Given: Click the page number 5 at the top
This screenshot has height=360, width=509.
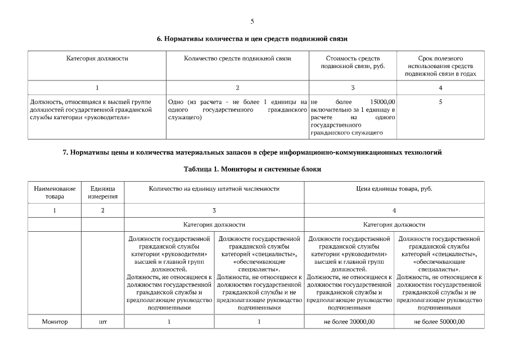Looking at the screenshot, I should pyautogui.click(x=252, y=21).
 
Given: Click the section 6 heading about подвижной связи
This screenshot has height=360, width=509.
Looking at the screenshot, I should pyautogui.click(x=252, y=39).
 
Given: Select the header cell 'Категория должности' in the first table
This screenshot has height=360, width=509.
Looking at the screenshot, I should pyautogui.click(x=97, y=58).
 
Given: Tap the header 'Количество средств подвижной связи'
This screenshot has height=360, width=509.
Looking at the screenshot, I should pyautogui.click(x=237, y=58).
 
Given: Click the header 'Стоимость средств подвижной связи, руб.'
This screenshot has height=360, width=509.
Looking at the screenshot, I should pyautogui.click(x=353, y=62).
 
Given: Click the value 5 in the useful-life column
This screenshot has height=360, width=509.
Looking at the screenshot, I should pyautogui.click(x=440, y=101).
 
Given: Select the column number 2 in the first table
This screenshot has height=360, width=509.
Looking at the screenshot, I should pyautogui.click(x=237, y=87).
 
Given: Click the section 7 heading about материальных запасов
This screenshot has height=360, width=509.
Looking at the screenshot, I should pyautogui.click(x=252, y=152).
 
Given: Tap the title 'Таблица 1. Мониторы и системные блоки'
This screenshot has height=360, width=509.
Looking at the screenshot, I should pyautogui.click(x=252, y=169).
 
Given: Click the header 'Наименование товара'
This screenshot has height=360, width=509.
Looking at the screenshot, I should pyautogui.click(x=55, y=192).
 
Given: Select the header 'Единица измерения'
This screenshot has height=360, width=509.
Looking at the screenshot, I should pyautogui.click(x=103, y=192).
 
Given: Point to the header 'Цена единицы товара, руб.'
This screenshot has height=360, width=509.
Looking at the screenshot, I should pyautogui.click(x=394, y=189).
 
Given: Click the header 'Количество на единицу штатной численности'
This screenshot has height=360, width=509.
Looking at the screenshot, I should pyautogui.click(x=214, y=189).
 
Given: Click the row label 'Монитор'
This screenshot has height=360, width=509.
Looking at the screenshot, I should pyautogui.click(x=55, y=322).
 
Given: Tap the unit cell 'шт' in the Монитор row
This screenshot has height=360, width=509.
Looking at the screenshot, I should pyautogui.click(x=103, y=322).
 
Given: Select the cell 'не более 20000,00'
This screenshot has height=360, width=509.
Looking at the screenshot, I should pyautogui.click(x=349, y=322).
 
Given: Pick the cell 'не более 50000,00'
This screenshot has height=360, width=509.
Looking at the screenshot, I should pyautogui.click(x=439, y=322).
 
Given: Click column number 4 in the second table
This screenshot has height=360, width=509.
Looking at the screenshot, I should pyautogui.click(x=394, y=210).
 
